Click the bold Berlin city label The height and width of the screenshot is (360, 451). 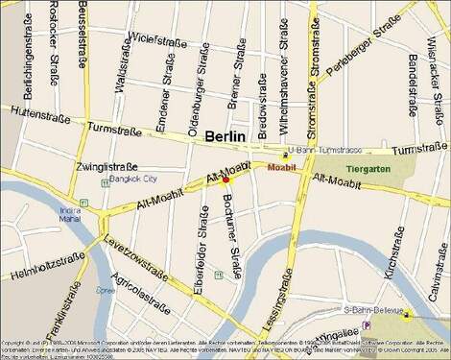tap(225, 136)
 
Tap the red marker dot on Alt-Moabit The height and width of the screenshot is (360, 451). tap(225, 180)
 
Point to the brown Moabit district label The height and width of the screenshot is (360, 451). tap(282, 167)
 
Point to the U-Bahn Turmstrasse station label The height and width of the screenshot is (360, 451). tap(329, 151)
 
